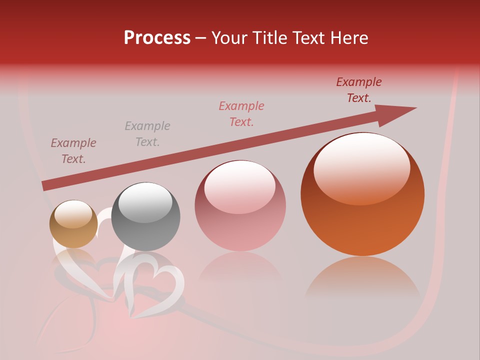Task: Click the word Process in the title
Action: [x=157, y=38]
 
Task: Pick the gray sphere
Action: [x=145, y=217]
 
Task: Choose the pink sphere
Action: [x=240, y=206]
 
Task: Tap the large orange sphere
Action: [x=362, y=194]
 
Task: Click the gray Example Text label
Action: [x=147, y=134]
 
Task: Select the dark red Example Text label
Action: [x=359, y=90]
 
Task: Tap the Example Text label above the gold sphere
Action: [x=73, y=151]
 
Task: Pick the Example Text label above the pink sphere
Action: [x=241, y=114]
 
